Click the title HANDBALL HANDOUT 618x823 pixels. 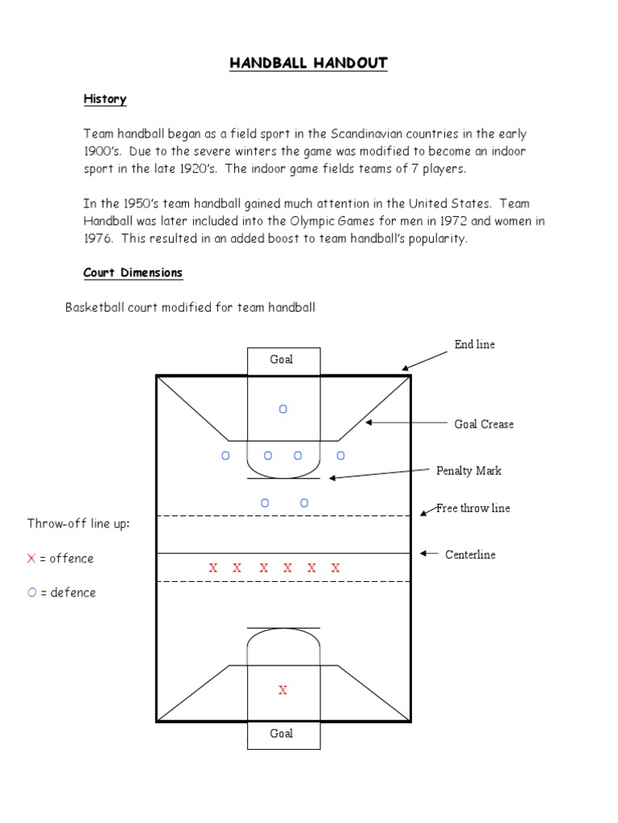click(x=309, y=63)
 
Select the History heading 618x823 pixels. click(x=105, y=99)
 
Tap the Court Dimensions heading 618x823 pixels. click(x=133, y=272)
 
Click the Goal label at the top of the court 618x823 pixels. click(x=282, y=359)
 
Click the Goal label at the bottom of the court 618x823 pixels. click(x=282, y=733)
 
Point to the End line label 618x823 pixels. click(x=475, y=344)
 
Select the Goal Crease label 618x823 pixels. click(x=484, y=424)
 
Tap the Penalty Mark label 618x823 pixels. click(x=469, y=470)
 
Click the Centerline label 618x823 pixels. click(x=470, y=555)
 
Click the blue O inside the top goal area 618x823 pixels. click(x=282, y=409)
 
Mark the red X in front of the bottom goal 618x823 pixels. click(x=282, y=690)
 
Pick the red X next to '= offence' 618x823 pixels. click(x=31, y=559)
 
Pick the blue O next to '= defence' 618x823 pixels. click(x=31, y=592)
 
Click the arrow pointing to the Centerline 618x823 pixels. click(x=429, y=554)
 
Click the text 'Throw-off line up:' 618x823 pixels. click(x=78, y=524)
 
